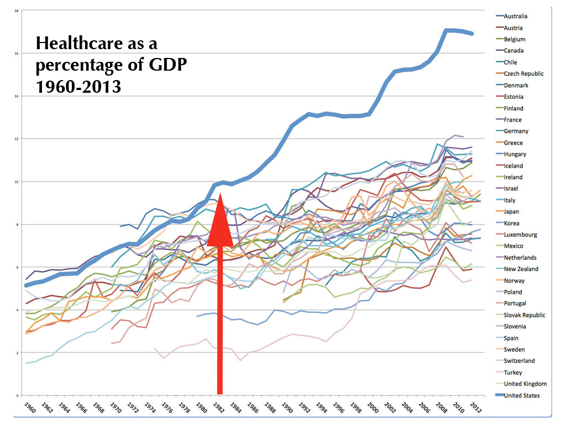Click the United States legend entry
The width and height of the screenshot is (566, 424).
click(x=522, y=395)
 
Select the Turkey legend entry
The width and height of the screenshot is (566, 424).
click(x=513, y=373)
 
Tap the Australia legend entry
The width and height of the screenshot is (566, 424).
click(x=515, y=17)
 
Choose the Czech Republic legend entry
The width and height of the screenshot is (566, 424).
click(x=523, y=74)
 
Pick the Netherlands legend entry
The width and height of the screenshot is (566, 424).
click(x=520, y=258)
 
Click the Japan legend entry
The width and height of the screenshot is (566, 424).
click(x=511, y=211)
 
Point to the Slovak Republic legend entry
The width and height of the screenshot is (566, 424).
click(x=525, y=315)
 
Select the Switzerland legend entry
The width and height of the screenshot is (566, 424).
click(x=519, y=361)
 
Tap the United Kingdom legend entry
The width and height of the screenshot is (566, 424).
click(x=525, y=384)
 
